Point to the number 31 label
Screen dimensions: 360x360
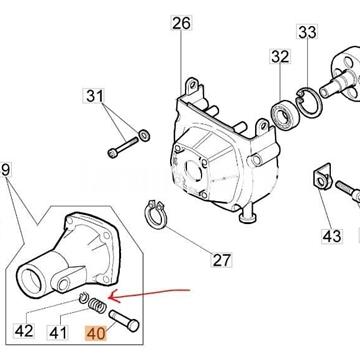pos(122,96)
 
